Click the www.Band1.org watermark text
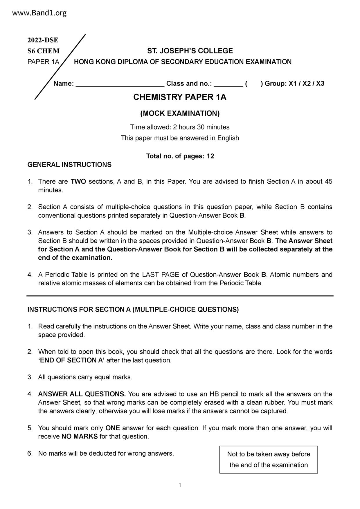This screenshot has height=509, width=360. pyautogui.click(x=40, y=13)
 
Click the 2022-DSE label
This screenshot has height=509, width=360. pyautogui.click(x=43, y=40)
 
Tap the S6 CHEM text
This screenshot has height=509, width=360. pyautogui.click(x=43, y=51)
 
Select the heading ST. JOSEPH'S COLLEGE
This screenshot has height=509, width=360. pyautogui.click(x=190, y=51)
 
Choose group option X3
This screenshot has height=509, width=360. pyautogui.click(x=320, y=84)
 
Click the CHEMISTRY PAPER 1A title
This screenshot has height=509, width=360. pyautogui.click(x=180, y=97)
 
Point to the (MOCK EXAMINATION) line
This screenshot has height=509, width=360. pyautogui.click(x=180, y=113)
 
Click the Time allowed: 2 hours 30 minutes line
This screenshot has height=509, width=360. pyautogui.click(x=180, y=127)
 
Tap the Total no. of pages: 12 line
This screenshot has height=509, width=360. pyautogui.click(x=180, y=156)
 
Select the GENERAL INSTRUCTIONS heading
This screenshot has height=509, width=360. pyautogui.click(x=69, y=165)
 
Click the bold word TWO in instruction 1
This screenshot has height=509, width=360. pyautogui.click(x=78, y=182)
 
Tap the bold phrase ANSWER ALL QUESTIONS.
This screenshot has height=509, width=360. pyautogui.click(x=82, y=394)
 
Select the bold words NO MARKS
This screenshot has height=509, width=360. pyautogui.click(x=80, y=436)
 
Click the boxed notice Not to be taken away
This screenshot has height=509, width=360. pyautogui.click(x=269, y=459)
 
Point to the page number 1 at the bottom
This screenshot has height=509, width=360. pyautogui.click(x=180, y=485)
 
